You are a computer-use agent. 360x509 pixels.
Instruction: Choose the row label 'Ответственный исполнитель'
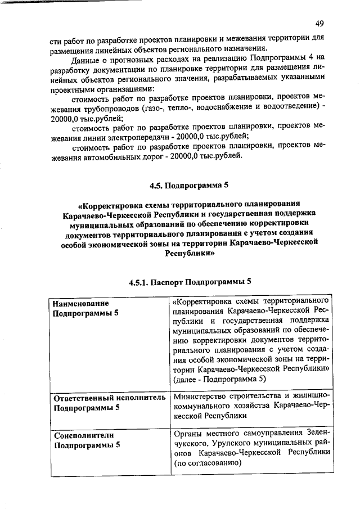click(x=107, y=398)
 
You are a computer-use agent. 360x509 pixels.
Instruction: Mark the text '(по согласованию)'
click(x=208, y=463)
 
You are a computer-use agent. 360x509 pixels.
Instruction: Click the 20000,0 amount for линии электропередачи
click(x=192, y=137)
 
